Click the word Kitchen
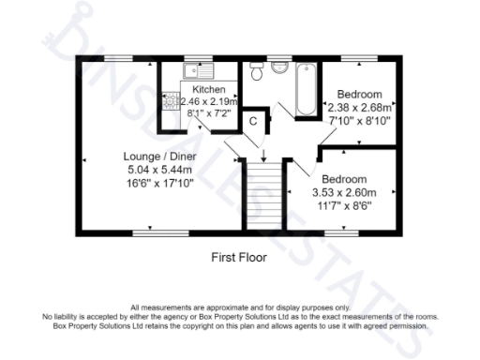pyautogui.click(x=208, y=90)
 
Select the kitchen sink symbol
pyautogui.click(x=198, y=69)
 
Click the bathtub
pyautogui.click(x=306, y=89)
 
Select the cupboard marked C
pyautogui.click(x=252, y=121)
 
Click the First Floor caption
pyautogui.click(x=241, y=254)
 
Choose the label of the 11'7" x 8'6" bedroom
pyautogui.click(x=344, y=179)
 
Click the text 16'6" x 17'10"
pyautogui.click(x=160, y=185)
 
